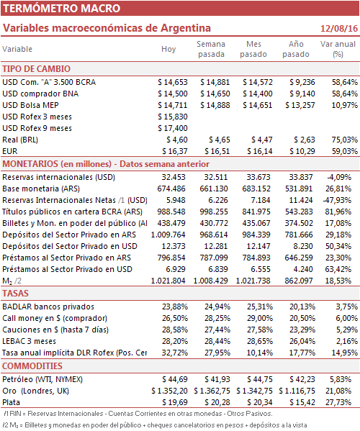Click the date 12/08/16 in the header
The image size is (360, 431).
click(x=339, y=28)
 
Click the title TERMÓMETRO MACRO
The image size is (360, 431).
click(x=62, y=8)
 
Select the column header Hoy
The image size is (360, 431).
click(x=168, y=49)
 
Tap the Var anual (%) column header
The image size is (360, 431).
click(x=338, y=49)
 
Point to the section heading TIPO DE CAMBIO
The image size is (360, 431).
click(x=36, y=69)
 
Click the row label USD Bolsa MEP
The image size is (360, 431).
click(x=30, y=105)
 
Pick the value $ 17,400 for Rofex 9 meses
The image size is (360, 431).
click(x=173, y=128)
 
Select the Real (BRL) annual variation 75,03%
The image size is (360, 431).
click(x=345, y=140)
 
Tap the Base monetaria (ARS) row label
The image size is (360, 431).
click(x=41, y=189)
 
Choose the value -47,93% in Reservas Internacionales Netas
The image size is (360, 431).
click(x=337, y=200)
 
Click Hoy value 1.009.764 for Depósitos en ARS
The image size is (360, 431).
click(x=168, y=235)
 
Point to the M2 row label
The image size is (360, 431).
click(x=12, y=281)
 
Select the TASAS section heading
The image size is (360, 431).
click(x=15, y=294)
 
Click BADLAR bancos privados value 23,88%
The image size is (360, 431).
click(x=175, y=307)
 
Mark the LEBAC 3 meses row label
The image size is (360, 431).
click(x=29, y=341)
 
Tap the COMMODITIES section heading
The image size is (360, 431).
click(x=32, y=366)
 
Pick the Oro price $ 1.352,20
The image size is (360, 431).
click(x=169, y=391)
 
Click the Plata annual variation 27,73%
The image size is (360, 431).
click(x=338, y=402)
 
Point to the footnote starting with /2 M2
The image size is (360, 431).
click(x=156, y=425)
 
